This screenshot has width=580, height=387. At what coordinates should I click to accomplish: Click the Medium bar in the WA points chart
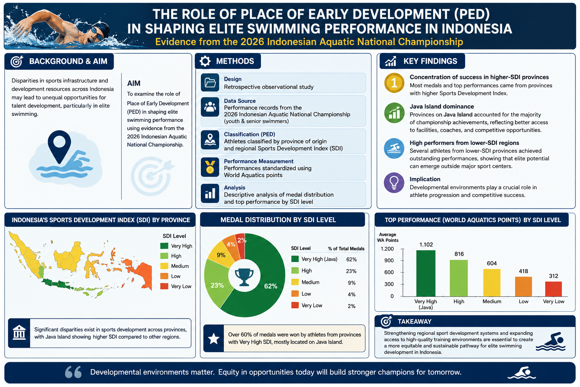click(491, 283)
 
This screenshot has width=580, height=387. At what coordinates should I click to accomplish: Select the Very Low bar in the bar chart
click(553, 289)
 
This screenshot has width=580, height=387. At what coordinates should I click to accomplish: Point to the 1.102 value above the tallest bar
click(426, 245)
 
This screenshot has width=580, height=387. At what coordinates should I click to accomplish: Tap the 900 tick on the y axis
click(389, 260)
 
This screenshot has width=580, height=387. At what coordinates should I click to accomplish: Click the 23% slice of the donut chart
click(216, 283)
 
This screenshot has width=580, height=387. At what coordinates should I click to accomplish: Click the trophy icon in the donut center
click(244, 277)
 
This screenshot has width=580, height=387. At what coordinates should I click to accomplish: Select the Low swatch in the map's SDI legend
click(164, 276)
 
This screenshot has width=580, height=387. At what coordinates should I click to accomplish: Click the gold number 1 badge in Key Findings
click(394, 83)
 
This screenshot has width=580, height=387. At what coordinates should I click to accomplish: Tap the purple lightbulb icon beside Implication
click(394, 183)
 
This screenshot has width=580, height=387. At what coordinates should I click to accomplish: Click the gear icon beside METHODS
click(205, 61)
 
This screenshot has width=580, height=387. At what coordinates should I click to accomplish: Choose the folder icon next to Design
click(210, 83)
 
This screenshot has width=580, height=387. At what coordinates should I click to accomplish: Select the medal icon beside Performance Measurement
click(210, 167)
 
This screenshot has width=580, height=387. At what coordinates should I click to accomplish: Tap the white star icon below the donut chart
click(214, 339)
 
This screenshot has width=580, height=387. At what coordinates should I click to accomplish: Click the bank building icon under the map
click(19, 333)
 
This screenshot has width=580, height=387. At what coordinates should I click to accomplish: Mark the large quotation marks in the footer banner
click(73, 372)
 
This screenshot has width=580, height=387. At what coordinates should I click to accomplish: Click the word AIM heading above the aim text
click(134, 83)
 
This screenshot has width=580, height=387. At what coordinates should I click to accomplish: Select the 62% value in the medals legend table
click(352, 259)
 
